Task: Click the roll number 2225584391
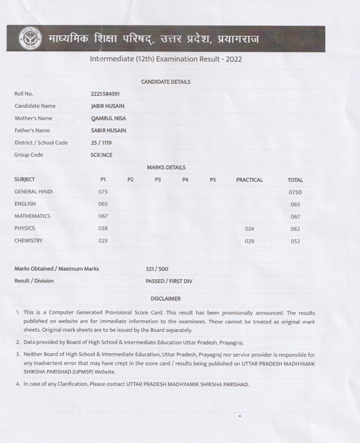point(104,94)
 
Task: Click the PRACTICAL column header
point(250,179)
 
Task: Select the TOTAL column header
point(295,180)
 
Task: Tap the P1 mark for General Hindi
point(103,191)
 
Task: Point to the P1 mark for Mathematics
point(103,216)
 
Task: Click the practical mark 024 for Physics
point(250,229)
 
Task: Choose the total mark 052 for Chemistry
point(295,241)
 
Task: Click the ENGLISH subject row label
point(25,204)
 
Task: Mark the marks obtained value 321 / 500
point(157,269)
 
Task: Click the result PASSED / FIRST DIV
point(169,281)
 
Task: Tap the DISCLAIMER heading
point(166,298)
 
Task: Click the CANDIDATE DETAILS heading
point(166,82)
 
